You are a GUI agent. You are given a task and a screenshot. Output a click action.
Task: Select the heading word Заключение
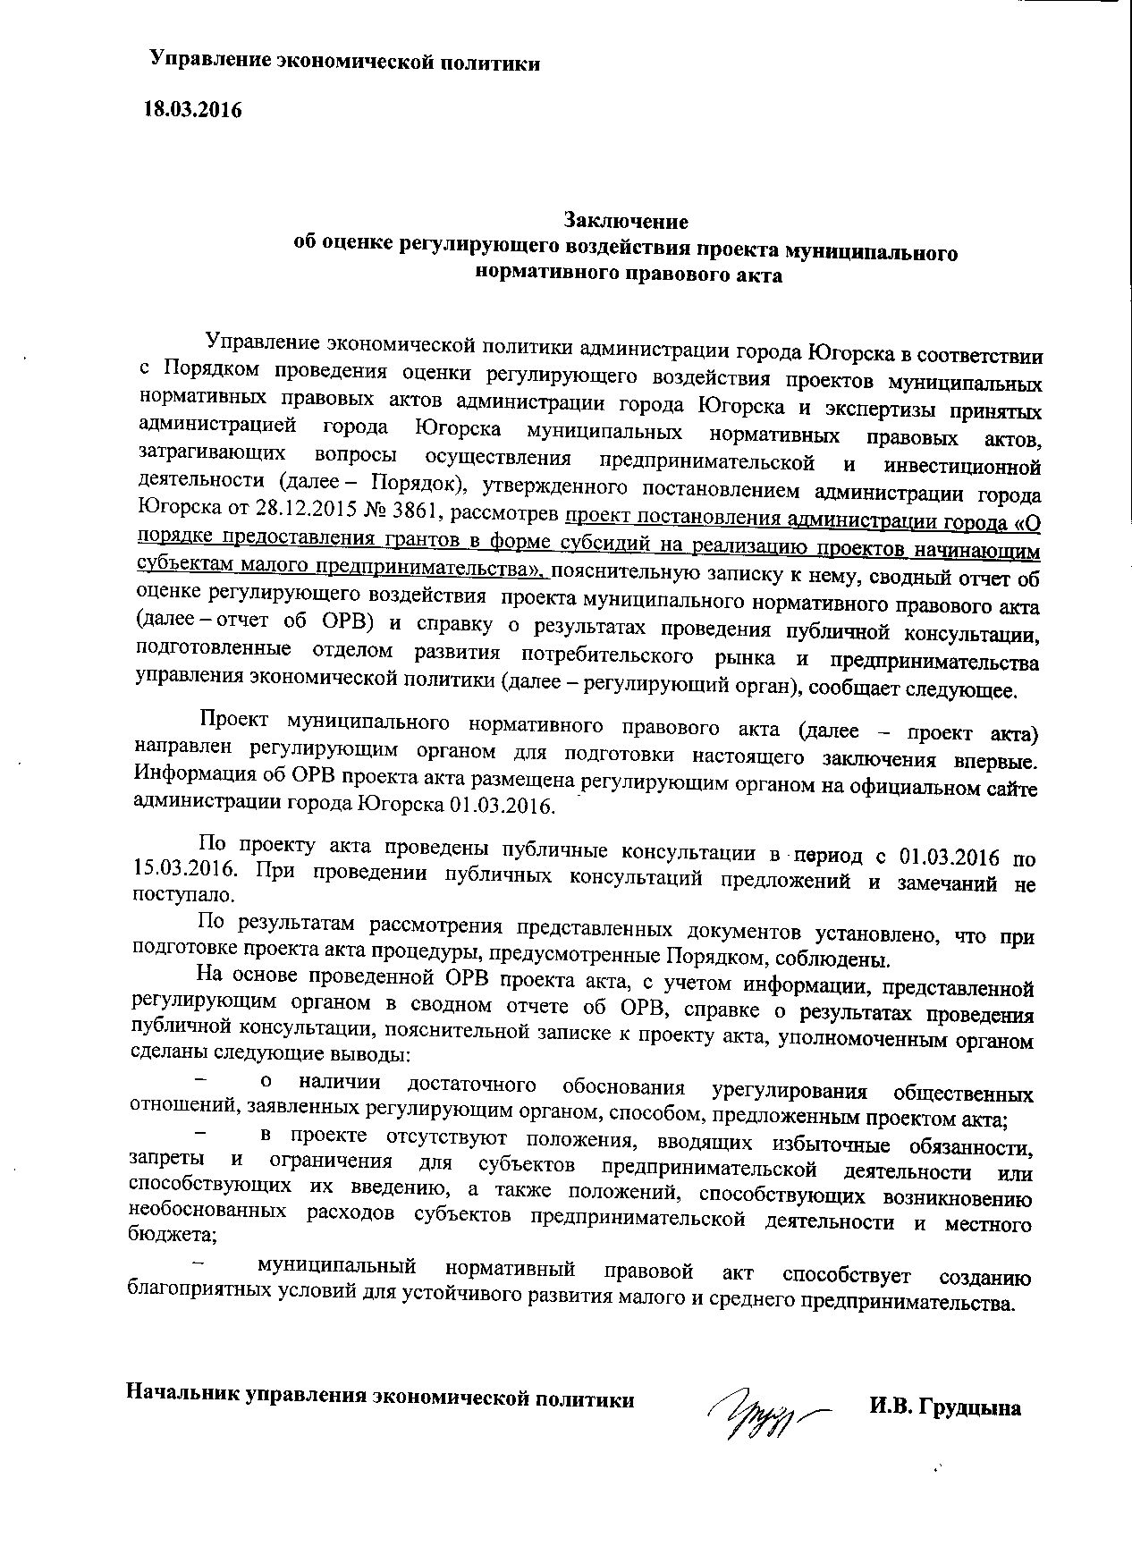(x=625, y=220)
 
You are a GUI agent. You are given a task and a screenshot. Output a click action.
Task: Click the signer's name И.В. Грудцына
(x=944, y=1408)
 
